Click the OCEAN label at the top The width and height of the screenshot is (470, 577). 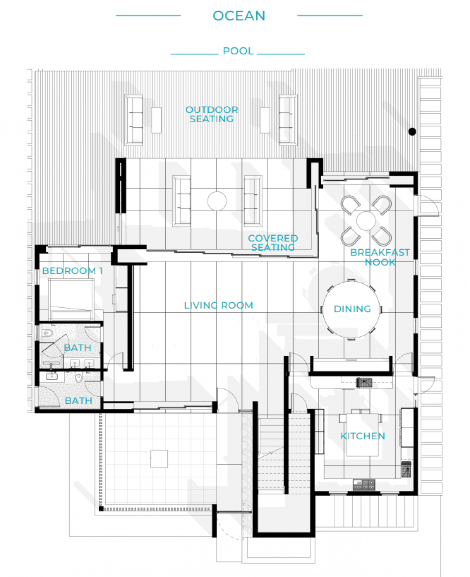(x=239, y=16)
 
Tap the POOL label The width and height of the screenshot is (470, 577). (x=238, y=51)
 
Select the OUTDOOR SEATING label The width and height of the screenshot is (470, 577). (x=211, y=114)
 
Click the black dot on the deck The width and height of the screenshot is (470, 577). (x=412, y=132)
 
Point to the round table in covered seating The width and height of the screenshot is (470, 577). (x=217, y=201)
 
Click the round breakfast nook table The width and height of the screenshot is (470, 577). (x=366, y=221)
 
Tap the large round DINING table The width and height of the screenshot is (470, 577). (x=351, y=309)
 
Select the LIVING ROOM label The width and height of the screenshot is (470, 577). (x=218, y=305)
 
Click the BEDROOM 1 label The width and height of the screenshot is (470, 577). (x=72, y=270)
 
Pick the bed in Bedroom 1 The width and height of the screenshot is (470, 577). (x=71, y=299)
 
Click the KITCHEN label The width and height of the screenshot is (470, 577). (x=363, y=436)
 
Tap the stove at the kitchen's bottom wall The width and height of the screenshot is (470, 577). (x=363, y=484)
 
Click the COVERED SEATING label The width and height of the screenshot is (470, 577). (x=273, y=243)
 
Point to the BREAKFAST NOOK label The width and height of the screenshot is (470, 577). (x=380, y=257)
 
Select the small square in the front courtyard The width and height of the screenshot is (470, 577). (x=159, y=459)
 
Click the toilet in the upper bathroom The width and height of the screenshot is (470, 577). (x=48, y=333)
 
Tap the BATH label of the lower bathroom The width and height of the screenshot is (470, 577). (x=78, y=401)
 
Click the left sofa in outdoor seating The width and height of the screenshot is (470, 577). (x=134, y=120)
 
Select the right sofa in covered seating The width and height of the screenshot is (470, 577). (x=253, y=201)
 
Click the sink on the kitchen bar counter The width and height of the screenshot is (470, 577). (x=364, y=383)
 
